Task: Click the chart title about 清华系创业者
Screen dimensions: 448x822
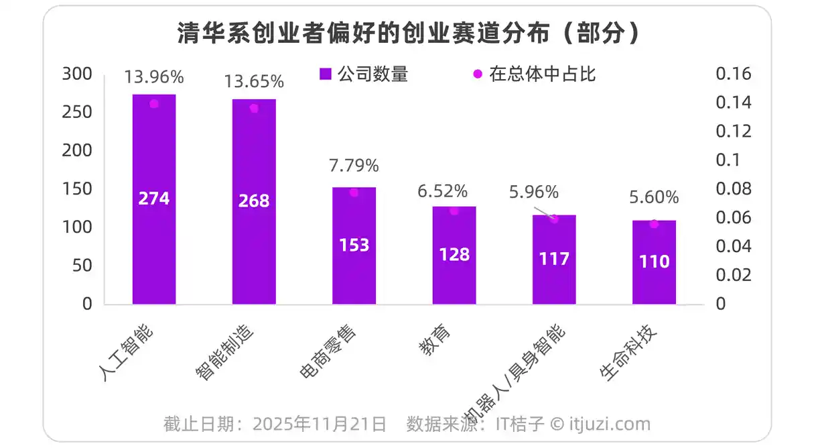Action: click(407, 34)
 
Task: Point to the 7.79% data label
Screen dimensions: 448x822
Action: click(354, 165)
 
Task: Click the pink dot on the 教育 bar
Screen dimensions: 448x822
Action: click(454, 211)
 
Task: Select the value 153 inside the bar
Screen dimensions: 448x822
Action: click(354, 245)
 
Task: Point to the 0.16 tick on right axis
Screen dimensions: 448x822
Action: click(734, 74)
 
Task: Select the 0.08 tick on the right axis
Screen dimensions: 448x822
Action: click(734, 189)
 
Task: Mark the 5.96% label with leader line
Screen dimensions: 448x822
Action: click(533, 192)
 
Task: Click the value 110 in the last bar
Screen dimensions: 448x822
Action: click(654, 262)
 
